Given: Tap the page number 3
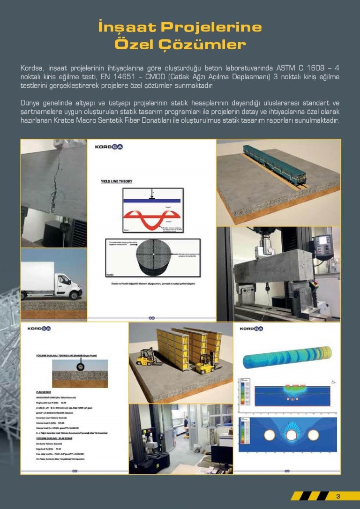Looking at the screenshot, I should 338,496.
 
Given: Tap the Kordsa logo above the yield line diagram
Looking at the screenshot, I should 109,147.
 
